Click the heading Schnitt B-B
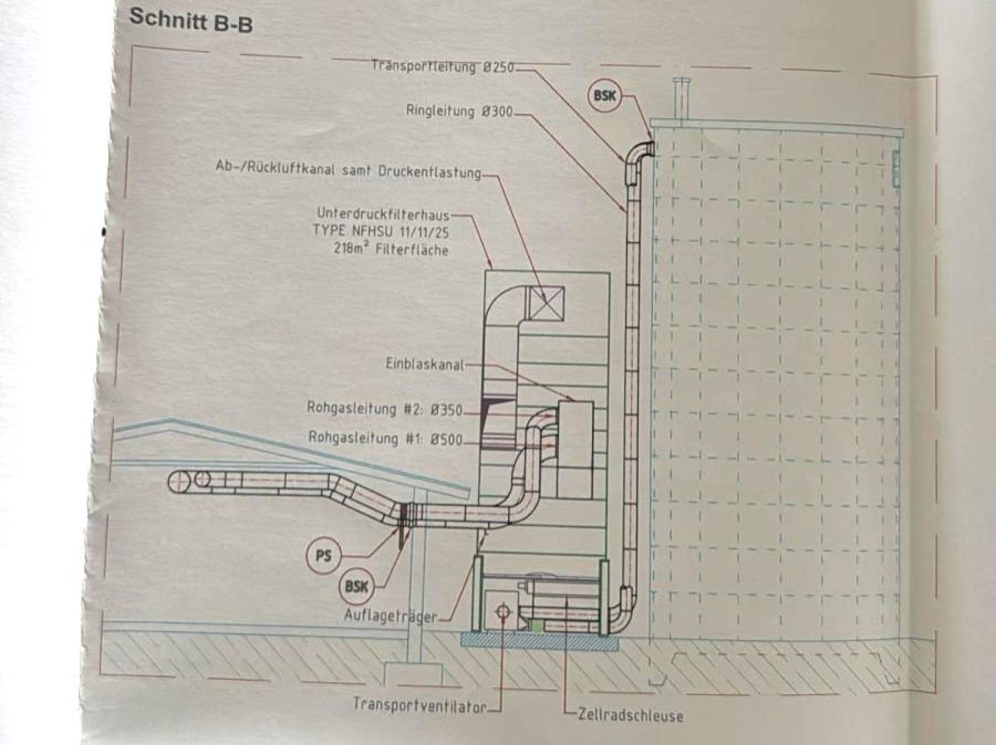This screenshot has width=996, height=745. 190,21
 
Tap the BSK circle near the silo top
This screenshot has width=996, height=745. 604,96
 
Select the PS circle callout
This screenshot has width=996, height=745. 323,555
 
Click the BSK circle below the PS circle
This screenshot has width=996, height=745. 356,587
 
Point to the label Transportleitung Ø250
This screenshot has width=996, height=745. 443,67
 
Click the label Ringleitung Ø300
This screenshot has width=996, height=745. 459,111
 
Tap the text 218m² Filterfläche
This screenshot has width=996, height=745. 391,250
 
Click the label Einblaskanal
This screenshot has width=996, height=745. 425,364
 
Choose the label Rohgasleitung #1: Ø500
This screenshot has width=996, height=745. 385,438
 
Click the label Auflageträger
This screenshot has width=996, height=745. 391,616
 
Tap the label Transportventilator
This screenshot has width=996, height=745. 420,706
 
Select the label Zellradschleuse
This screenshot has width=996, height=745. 630,716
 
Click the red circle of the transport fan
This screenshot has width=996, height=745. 503,612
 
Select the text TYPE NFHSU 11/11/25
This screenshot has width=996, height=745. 380,231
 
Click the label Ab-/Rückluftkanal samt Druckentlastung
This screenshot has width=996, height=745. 348,171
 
